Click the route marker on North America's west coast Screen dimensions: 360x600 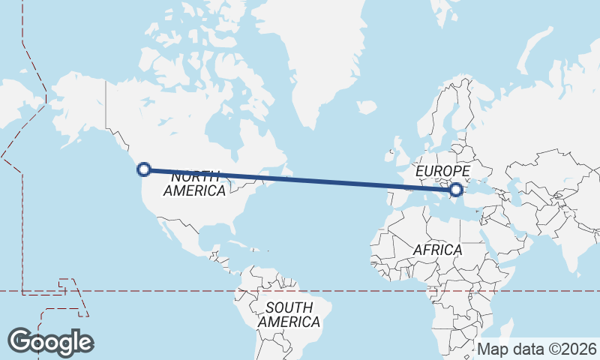pyautogui.click(x=145, y=169)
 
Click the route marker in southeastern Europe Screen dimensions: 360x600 pyautogui.click(x=455, y=190)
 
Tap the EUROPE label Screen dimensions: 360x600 pyautogui.click(x=442, y=172)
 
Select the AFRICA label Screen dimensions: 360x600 pyautogui.click(x=437, y=249)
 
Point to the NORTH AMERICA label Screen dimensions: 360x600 pyautogui.click(x=194, y=184)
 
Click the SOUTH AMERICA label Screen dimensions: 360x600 pyautogui.click(x=289, y=315)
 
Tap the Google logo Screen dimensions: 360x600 pyautogui.click(x=51, y=342)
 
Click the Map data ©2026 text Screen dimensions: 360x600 pyautogui.click(x=536, y=349)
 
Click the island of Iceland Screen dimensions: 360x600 pyautogui.click(x=367, y=107)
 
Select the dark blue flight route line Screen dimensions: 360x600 pyautogui.click(x=300, y=179)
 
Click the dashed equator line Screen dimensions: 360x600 pyautogui.click(x=337, y=290)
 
